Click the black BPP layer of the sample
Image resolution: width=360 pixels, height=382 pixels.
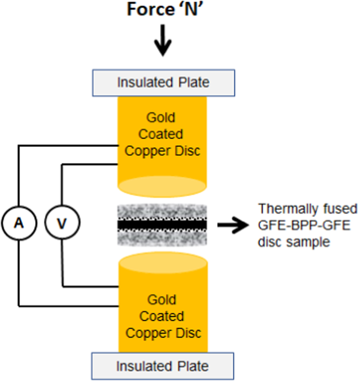tap(162, 224)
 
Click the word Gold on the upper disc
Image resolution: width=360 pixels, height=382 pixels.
tap(162, 118)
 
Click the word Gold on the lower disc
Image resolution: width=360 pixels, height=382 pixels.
tap(162, 300)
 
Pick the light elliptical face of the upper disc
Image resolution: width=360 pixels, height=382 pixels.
tap(162, 186)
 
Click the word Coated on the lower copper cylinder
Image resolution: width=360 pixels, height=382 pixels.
tap(162, 316)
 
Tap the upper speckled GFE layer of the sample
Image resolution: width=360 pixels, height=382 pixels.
tap(162, 211)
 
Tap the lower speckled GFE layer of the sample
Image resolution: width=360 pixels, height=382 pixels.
tap(162, 237)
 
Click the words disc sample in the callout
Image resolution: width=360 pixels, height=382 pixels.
tap(294, 241)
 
